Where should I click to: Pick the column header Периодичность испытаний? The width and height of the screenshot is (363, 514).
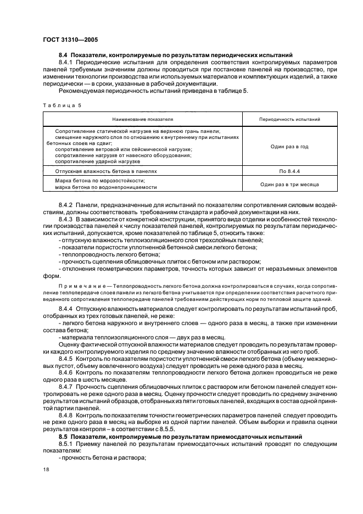[x=289, y=119]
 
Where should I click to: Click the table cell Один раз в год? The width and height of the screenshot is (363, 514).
[x=289, y=147]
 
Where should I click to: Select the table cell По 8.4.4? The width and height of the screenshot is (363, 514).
[x=289, y=171]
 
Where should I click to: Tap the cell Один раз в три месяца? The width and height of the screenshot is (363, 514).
[x=289, y=185]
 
